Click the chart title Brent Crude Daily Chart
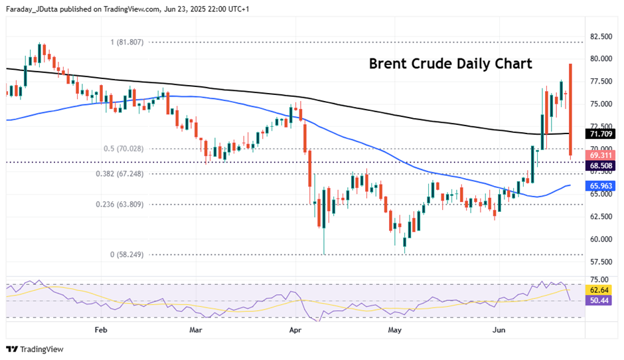tap(450, 64)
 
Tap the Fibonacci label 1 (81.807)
tap(127, 42)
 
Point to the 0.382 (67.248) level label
tap(129, 173)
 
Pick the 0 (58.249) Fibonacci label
tap(128, 254)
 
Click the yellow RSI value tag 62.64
tap(601, 290)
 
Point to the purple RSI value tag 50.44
tap(601, 301)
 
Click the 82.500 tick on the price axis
tap(601, 36)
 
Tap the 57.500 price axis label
tap(601, 262)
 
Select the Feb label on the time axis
tap(101, 329)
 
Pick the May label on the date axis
tap(395, 329)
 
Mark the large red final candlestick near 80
tap(570, 110)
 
